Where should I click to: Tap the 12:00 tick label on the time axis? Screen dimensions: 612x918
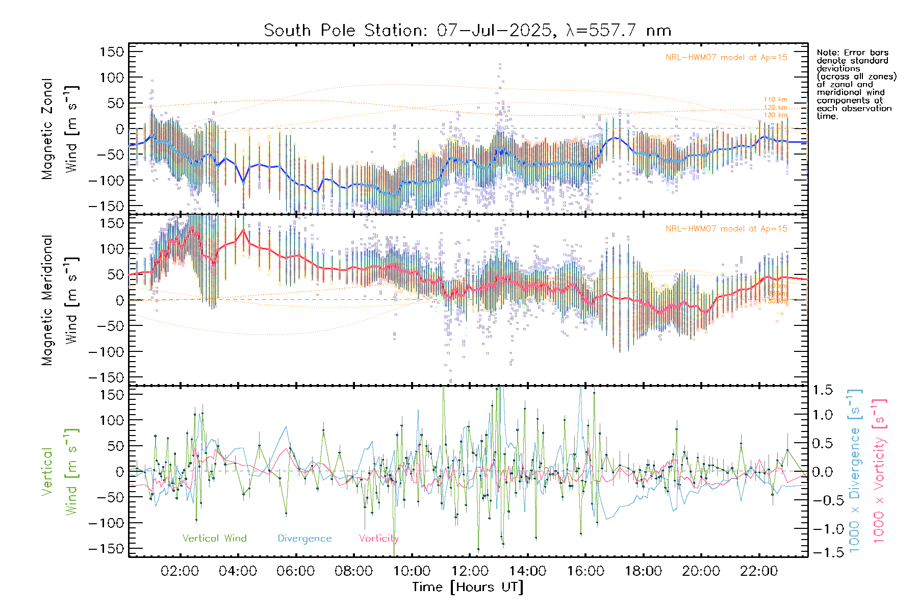click(x=470, y=571)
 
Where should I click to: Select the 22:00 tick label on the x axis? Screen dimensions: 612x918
click(x=759, y=571)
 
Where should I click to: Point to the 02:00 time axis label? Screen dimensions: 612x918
click(x=180, y=571)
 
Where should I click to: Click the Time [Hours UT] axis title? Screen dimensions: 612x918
click(x=468, y=588)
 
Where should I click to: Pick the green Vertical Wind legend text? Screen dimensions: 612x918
click(x=214, y=539)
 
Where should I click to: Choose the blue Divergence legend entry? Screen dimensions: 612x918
click(x=304, y=539)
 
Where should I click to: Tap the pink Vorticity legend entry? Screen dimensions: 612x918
click(x=378, y=539)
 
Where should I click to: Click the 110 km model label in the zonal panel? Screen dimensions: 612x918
click(x=775, y=99)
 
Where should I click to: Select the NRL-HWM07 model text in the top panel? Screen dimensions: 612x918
click(x=726, y=58)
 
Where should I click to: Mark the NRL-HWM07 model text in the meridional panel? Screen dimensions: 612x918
click(x=726, y=229)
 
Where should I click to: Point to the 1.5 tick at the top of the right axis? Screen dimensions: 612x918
click(x=822, y=390)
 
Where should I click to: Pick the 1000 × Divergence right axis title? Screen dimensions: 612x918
click(x=855, y=470)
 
